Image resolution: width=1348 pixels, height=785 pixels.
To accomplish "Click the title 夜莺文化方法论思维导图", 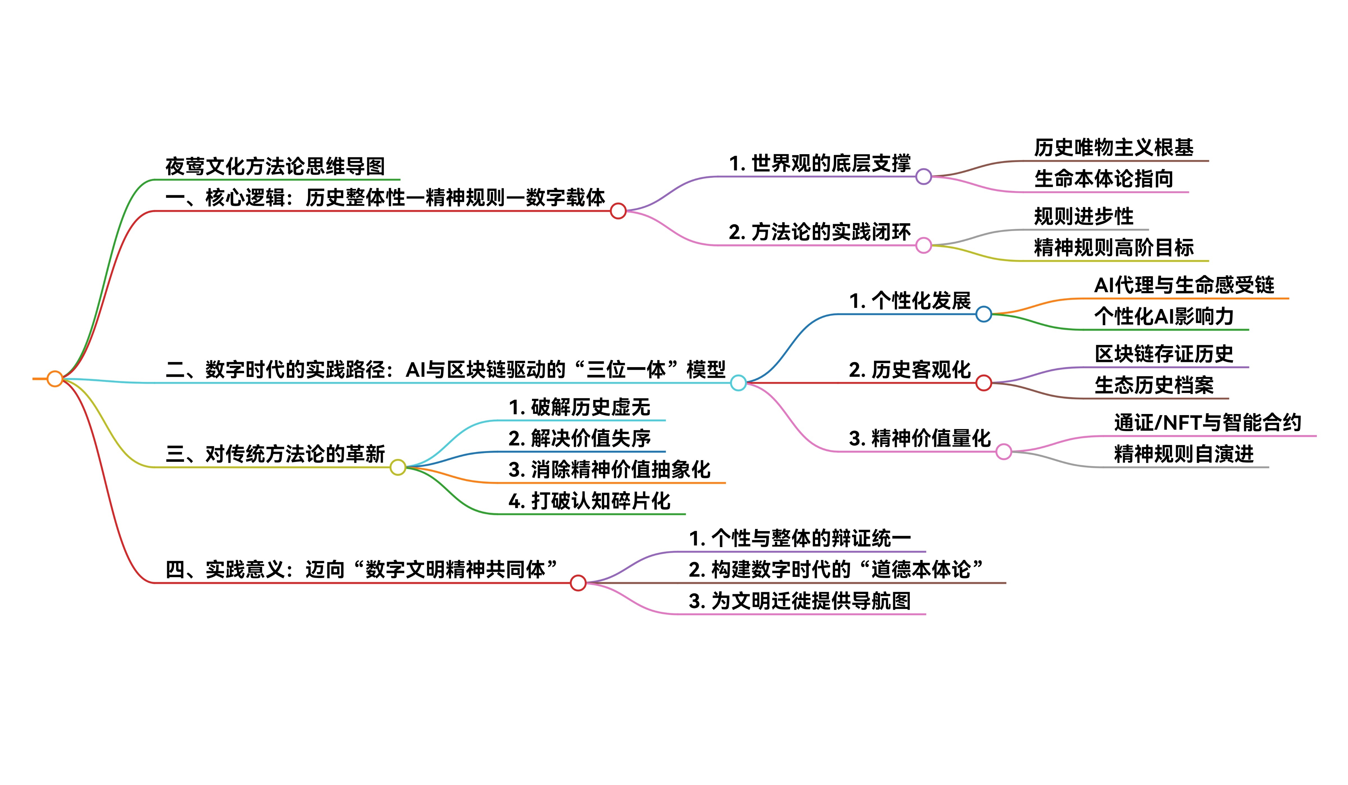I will tap(275, 167).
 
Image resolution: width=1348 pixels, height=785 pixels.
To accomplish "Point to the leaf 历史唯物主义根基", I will tap(1114, 148).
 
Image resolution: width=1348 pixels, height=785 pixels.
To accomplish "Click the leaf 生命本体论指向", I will tap(1103, 179).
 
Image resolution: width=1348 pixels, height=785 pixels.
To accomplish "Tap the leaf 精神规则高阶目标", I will tap(1114, 248).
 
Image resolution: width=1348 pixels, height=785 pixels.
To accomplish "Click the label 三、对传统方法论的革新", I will tap(275, 454).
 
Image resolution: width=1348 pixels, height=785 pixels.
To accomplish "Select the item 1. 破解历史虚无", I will tap(579, 408).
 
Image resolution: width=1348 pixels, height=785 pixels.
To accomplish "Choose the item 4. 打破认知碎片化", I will tap(589, 501).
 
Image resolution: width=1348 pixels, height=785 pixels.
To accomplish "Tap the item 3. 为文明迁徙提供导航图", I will tap(800, 601).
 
